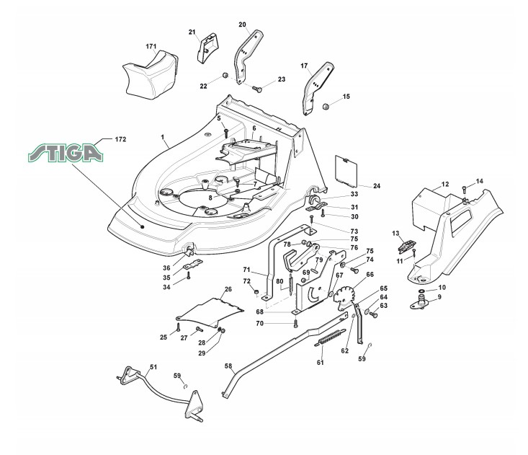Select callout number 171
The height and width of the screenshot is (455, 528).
point(151,46)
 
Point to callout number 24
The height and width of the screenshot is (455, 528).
point(377,186)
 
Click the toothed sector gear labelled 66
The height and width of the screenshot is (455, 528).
point(346,296)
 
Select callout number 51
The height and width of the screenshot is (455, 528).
point(153,367)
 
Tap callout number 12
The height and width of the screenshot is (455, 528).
point(445,185)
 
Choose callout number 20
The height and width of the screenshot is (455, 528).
point(242,25)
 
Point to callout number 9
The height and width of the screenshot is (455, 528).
point(439,296)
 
